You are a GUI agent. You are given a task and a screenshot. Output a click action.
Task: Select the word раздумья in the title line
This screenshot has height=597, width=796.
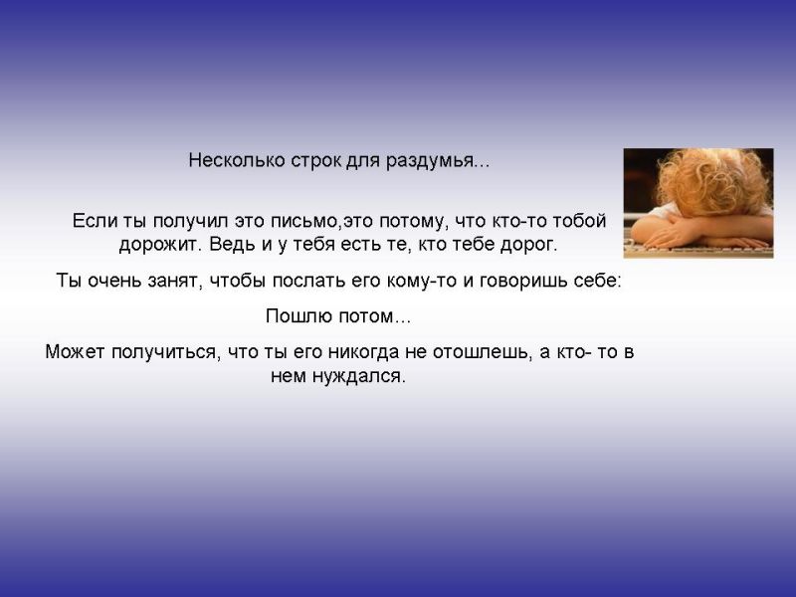pyautogui.click(x=430, y=161)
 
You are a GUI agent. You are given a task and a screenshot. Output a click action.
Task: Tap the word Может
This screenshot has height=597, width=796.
pyautogui.click(x=75, y=352)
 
